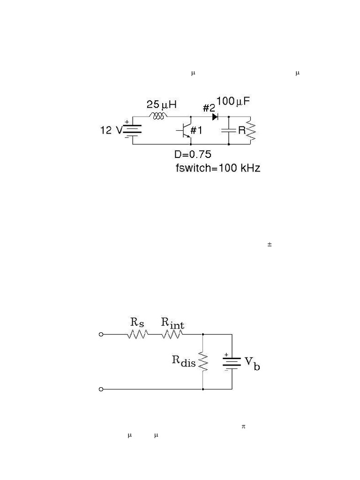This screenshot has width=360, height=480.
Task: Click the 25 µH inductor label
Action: (161, 105)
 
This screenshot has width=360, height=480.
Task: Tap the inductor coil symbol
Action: (158, 116)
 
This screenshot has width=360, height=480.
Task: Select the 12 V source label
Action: (111, 130)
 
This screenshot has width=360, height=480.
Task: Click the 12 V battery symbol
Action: (132, 131)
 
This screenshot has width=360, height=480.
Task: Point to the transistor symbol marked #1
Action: (185, 130)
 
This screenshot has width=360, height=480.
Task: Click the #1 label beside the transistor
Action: (196, 130)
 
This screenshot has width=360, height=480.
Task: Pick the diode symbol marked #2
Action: (215, 117)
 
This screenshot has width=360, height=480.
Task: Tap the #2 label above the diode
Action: (209, 108)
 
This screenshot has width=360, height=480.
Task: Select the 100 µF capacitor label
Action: (233, 101)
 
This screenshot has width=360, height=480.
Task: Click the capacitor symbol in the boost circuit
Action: (229, 131)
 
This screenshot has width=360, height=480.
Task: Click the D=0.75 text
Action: (193, 154)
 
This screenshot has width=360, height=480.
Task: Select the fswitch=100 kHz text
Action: (218, 168)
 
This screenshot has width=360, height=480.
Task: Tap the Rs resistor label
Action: (137, 322)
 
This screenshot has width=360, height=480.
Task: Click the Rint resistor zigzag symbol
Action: (172, 334)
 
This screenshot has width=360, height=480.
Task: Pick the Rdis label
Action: (184, 361)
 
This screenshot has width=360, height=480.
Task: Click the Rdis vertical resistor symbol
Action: (203, 361)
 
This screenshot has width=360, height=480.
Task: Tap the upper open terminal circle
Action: (101, 334)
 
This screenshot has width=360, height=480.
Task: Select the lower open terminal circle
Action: (101, 389)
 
